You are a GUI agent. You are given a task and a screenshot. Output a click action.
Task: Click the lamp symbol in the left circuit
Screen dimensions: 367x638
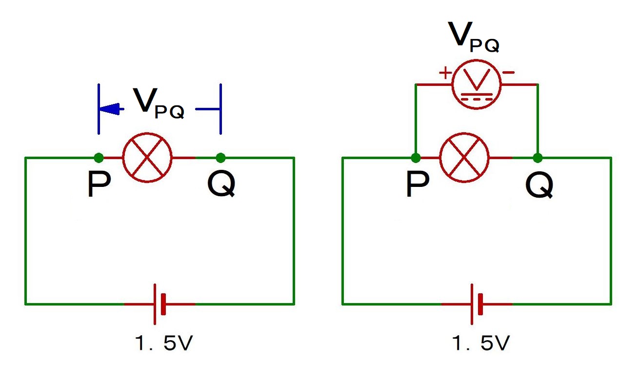click(x=147, y=158)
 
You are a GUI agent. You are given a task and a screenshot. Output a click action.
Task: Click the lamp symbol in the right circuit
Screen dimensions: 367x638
click(x=464, y=158)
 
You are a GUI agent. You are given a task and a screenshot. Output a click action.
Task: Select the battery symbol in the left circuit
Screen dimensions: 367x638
click(x=159, y=304)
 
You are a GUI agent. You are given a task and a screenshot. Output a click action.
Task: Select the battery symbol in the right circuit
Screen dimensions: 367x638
click(x=477, y=304)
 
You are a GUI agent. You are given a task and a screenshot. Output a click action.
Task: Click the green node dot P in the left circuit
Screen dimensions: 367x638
click(x=99, y=158)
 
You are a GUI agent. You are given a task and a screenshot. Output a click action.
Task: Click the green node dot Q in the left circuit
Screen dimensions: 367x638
click(x=220, y=158)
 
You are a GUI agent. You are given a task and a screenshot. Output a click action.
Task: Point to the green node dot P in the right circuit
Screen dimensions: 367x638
click(x=416, y=158)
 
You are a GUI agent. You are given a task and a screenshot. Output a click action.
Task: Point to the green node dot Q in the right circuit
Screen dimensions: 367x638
click(x=538, y=158)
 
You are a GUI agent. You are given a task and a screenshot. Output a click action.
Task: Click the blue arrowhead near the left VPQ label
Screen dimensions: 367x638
click(x=111, y=109)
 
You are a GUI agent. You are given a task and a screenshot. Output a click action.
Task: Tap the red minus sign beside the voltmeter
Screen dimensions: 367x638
click(x=508, y=73)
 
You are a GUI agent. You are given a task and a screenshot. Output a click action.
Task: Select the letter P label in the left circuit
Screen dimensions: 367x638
click(x=99, y=184)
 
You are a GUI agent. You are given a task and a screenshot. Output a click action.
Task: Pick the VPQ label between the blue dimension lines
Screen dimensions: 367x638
click(x=159, y=103)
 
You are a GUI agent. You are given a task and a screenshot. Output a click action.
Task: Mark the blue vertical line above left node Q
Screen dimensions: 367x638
click(x=220, y=109)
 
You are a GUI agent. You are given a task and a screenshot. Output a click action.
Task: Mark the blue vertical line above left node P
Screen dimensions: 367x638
click(x=99, y=109)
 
